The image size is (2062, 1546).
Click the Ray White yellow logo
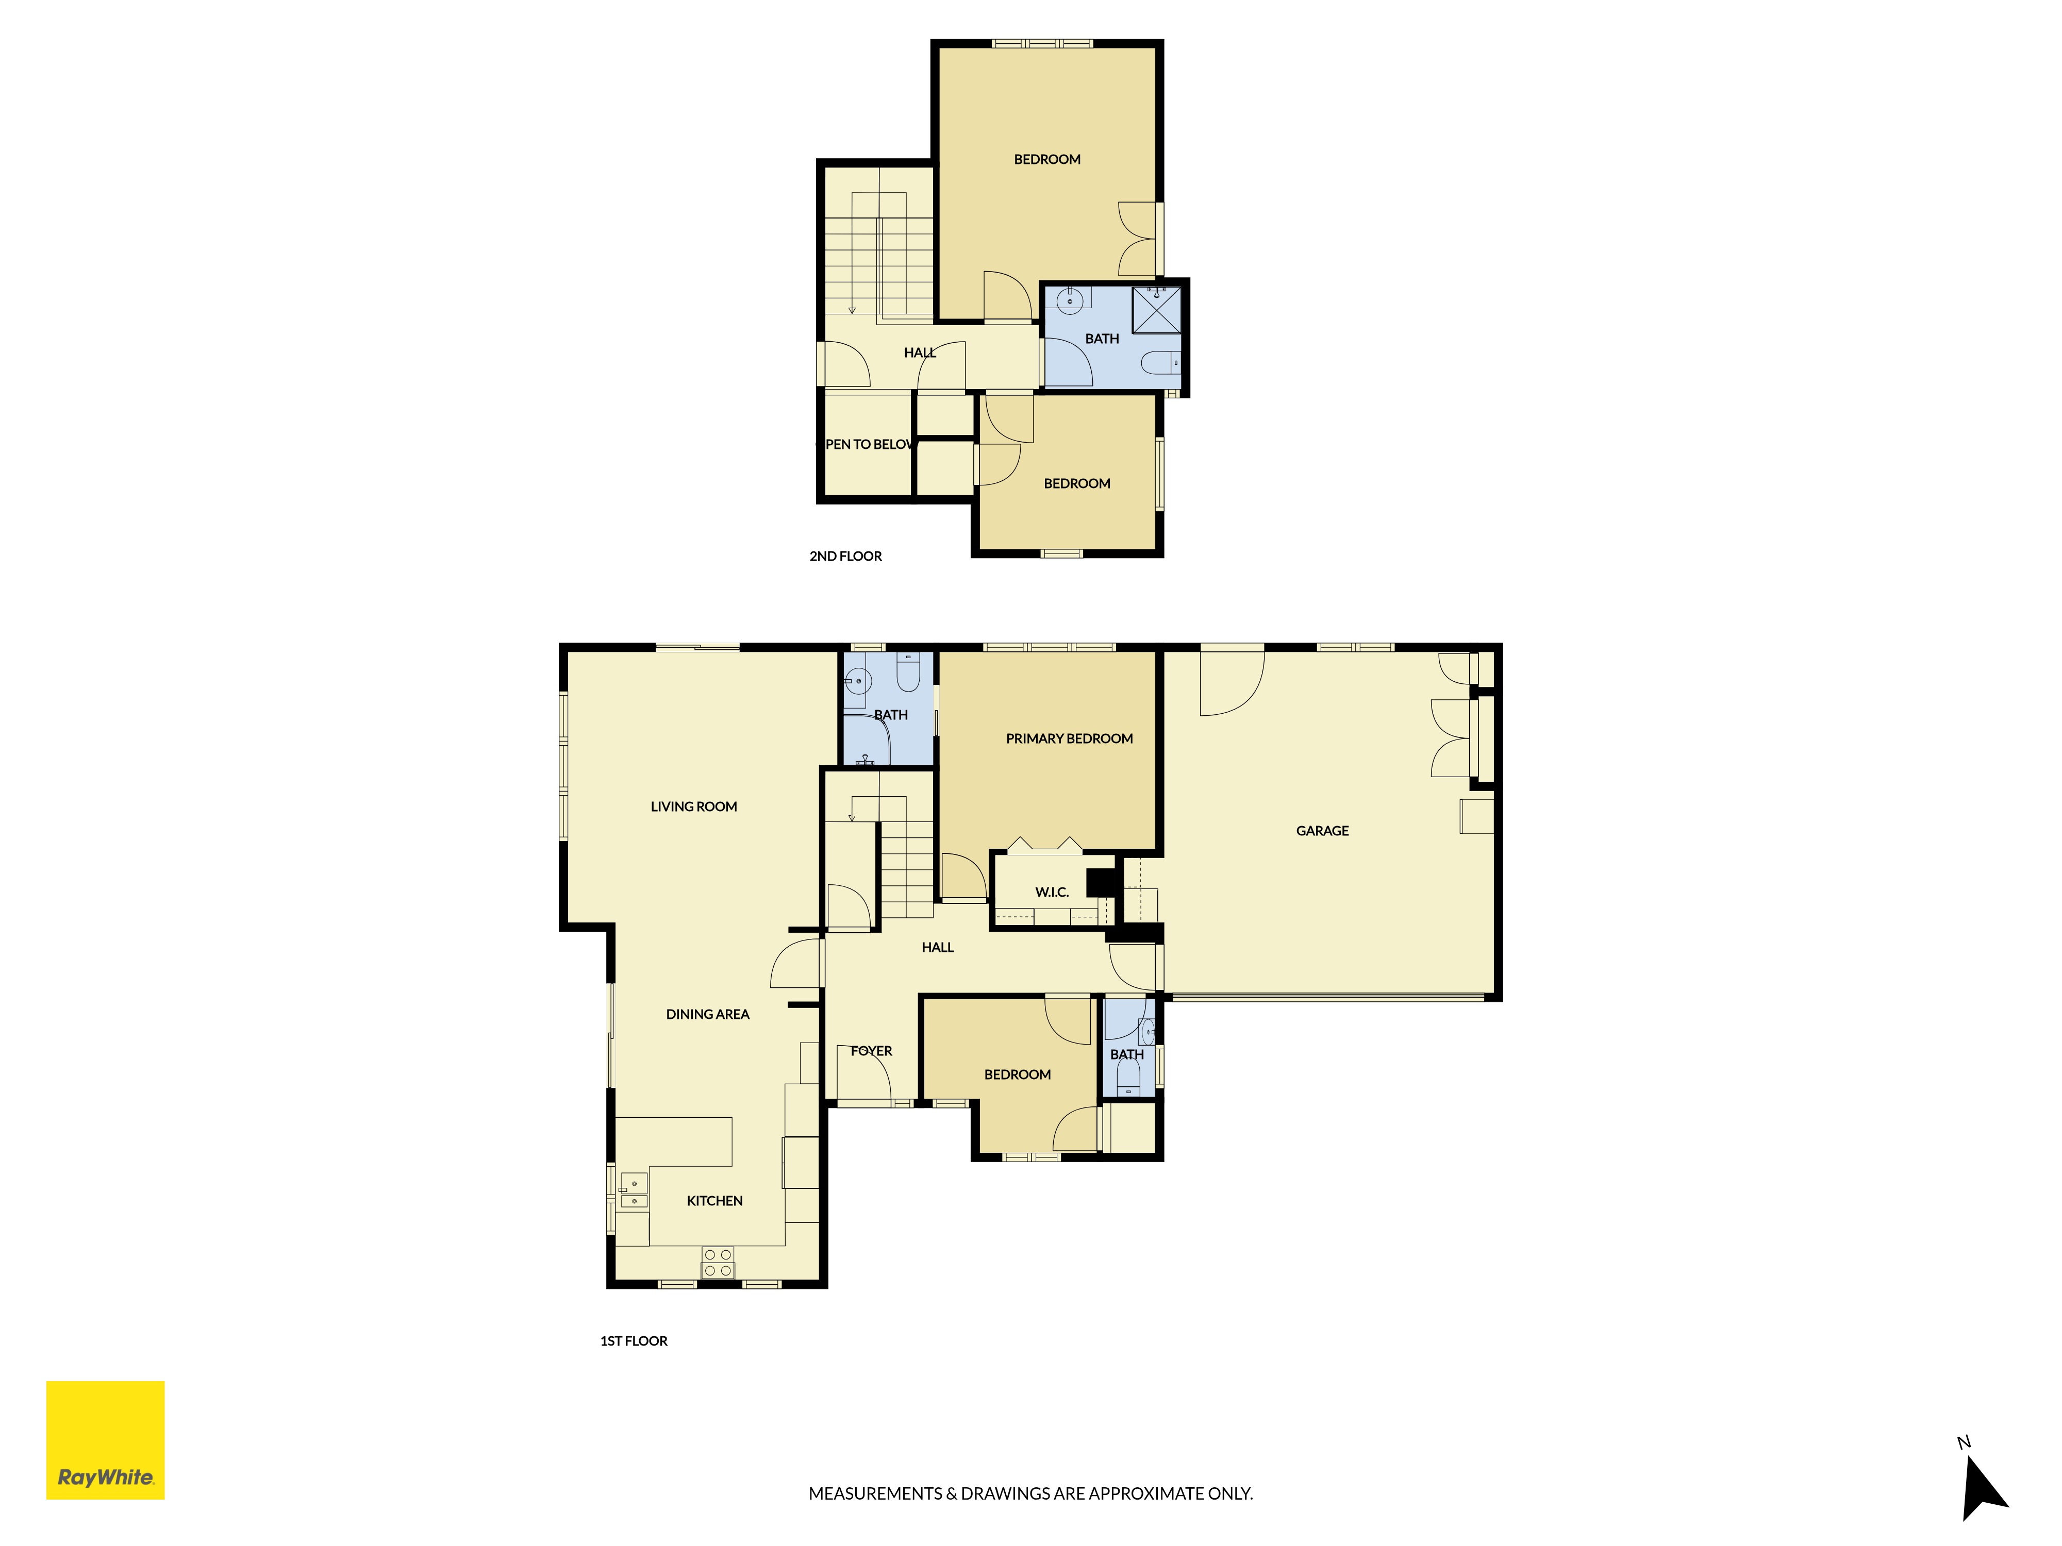pos(105,1440)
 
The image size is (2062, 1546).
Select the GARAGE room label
pos(1322,830)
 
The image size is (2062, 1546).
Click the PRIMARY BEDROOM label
pos(1069,738)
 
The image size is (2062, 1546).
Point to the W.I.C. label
pos(1052,892)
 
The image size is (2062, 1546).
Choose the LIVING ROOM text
pos(693,806)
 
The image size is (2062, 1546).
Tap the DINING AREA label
pos(708,1014)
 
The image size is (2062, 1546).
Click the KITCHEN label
pos(715,1200)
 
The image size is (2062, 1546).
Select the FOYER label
pos(872,1050)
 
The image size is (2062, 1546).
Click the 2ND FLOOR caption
pos(845,556)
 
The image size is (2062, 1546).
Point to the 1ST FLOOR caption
pos(634,1340)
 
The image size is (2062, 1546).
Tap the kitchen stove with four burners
pos(718,1263)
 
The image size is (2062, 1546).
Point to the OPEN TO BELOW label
pos(867,444)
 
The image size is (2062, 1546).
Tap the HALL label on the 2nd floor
pos(920,352)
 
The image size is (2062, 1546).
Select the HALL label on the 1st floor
pos(938,947)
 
